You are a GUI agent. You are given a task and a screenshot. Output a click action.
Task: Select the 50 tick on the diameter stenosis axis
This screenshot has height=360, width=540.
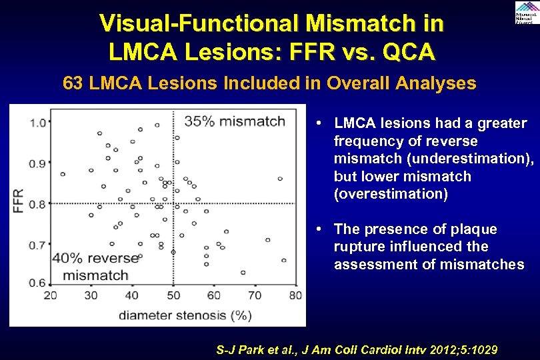click(173, 295)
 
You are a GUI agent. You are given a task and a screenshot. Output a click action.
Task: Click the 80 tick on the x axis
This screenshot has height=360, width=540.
click(295, 295)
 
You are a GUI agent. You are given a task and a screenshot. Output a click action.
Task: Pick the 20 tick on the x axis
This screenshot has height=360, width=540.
click(50, 295)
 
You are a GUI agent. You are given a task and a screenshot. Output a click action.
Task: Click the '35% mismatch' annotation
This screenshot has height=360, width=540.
click(235, 121)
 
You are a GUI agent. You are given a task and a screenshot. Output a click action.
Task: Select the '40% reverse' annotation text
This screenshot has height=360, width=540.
click(95, 258)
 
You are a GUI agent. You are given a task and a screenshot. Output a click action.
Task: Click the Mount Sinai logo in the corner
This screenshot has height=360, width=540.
click(527, 13)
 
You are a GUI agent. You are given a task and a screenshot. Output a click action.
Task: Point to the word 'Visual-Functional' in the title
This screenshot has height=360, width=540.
click(189, 23)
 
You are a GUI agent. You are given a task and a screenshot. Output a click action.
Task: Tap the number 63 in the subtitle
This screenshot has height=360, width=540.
click(73, 83)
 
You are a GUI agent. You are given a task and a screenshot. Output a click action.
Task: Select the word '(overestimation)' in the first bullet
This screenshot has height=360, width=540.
click(391, 194)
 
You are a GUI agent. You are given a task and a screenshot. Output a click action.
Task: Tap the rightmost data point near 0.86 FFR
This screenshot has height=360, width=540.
click(280, 179)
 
